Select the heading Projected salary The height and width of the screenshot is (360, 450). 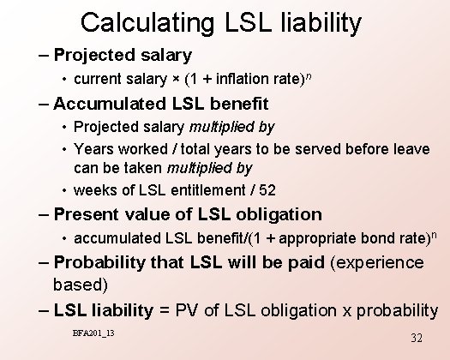(122, 56)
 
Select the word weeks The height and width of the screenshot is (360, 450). (95, 189)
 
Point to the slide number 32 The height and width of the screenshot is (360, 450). (417, 339)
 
